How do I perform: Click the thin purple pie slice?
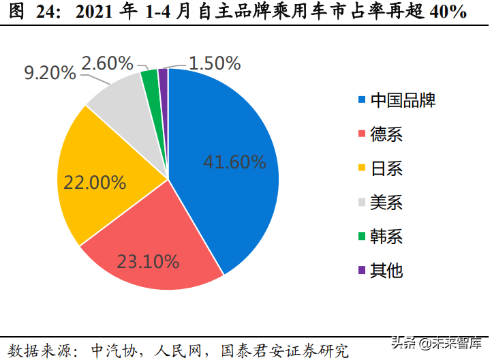[163, 75]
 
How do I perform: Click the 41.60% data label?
[234, 162]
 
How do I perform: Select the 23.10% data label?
[148, 261]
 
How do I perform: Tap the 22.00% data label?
[95, 183]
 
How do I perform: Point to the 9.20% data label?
[50, 73]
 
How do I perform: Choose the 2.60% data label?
[107, 63]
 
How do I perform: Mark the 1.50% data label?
[215, 63]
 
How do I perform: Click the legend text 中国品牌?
[403, 101]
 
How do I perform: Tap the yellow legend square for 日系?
[362, 168]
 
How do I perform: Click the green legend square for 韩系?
[362, 237]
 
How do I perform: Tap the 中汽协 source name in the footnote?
[106, 350]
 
